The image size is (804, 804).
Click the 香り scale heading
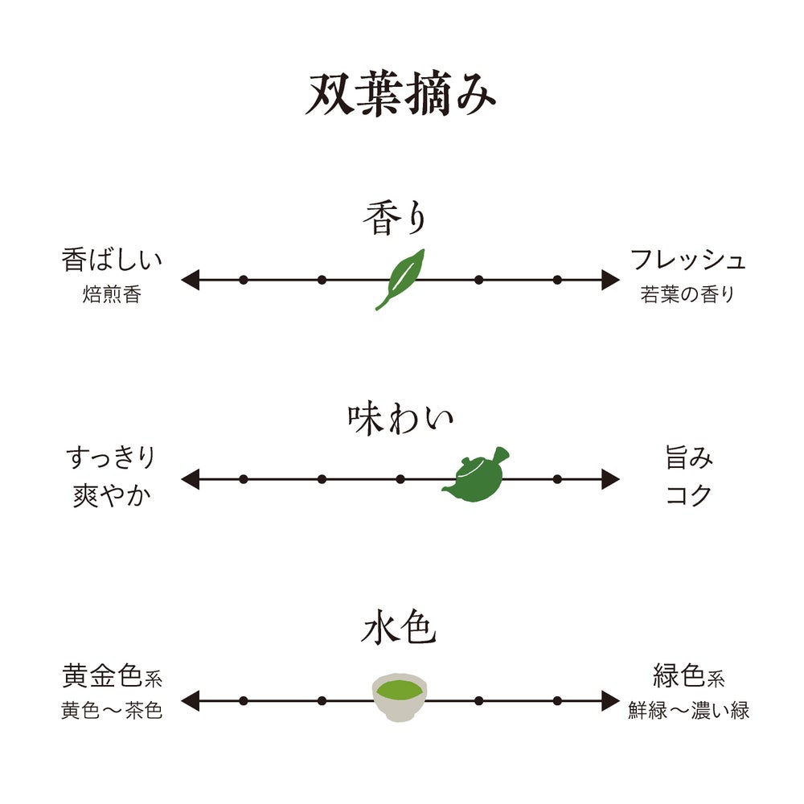(x=393, y=219)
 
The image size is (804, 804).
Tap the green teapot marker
(x=476, y=476)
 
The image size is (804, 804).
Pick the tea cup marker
(x=400, y=696)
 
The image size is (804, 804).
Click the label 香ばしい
(x=112, y=260)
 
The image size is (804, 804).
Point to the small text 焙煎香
(x=112, y=294)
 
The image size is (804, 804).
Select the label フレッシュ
(x=688, y=260)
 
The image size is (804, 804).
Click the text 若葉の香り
(x=688, y=294)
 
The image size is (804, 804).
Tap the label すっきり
(x=111, y=458)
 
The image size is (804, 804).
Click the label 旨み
(x=689, y=458)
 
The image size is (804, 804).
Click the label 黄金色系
(x=112, y=677)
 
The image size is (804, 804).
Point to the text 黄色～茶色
(x=112, y=711)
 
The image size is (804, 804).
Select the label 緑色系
(x=688, y=677)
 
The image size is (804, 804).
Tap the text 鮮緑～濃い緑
(x=688, y=711)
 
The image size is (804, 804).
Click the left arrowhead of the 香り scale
(x=190, y=280)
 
